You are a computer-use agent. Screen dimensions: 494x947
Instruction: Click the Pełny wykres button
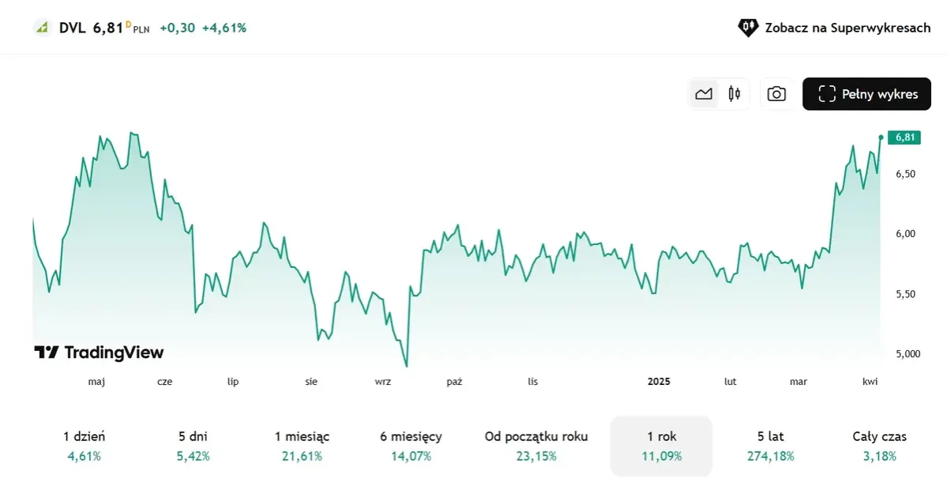point(866,94)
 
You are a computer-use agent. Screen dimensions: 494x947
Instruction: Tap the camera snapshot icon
point(776,94)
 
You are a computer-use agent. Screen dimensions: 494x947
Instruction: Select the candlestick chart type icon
point(735,94)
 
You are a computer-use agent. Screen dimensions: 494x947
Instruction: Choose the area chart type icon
point(704,94)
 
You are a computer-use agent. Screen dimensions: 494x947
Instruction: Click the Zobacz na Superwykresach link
point(835,28)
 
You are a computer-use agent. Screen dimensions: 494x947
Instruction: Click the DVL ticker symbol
point(72,28)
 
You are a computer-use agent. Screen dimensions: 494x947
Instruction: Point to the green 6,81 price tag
point(904,138)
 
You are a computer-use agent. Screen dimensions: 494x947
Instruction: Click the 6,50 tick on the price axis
point(905,174)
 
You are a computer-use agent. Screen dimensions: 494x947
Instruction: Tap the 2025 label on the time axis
point(658,382)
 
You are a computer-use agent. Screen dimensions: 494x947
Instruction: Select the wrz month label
point(383,382)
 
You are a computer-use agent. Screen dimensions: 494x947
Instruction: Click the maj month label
point(96,382)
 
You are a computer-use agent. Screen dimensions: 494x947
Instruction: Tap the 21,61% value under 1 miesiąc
point(302,456)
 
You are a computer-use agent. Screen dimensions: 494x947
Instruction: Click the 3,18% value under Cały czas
point(879,456)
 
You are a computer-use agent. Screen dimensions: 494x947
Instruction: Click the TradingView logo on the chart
point(99,353)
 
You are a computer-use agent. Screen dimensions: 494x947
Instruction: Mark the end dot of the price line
point(881,138)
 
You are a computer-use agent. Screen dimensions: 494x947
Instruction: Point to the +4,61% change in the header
point(224,28)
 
